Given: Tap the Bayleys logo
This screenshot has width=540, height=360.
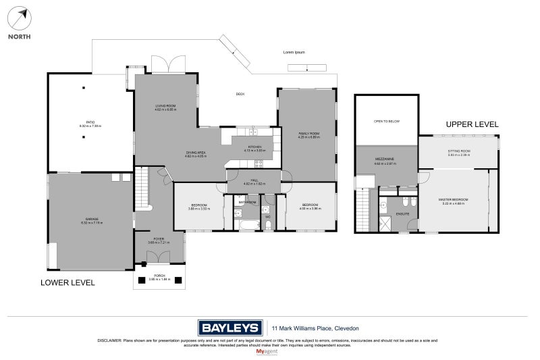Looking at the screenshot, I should click(x=230, y=328).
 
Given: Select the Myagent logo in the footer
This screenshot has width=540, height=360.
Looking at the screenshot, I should click(x=269, y=351).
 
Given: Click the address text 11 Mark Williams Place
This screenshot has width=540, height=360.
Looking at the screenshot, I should click(x=315, y=328).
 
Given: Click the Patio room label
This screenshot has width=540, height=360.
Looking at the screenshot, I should click(x=90, y=122).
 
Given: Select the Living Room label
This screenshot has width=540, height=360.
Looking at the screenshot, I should click(x=165, y=107).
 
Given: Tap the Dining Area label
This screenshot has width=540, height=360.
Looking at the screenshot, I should click(x=196, y=153).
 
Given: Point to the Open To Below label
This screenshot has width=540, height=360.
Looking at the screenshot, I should click(x=387, y=122).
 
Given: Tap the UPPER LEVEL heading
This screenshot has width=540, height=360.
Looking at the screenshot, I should click(x=472, y=125).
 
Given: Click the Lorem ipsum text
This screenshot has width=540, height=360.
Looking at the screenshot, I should click(x=294, y=52).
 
